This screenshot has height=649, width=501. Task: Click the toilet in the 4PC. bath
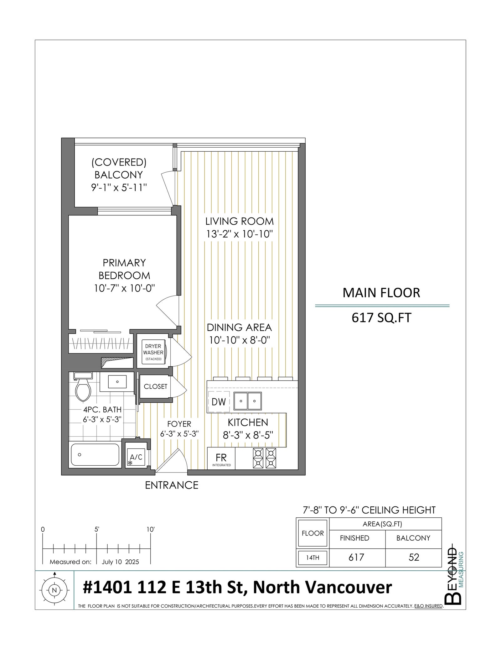(83, 386)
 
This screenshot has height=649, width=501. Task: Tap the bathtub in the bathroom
(95, 454)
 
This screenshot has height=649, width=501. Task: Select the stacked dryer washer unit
(153, 352)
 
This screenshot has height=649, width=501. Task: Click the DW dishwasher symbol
(219, 402)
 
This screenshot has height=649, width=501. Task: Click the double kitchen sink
(247, 401)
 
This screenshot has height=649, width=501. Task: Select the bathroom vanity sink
(117, 382)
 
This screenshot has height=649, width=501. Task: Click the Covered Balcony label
(119, 168)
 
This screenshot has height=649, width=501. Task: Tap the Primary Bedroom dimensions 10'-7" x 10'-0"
(125, 288)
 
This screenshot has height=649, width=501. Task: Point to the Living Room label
(240, 221)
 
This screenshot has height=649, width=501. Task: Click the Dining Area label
(239, 327)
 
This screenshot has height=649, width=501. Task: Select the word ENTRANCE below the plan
(172, 485)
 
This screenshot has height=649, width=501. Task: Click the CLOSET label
(156, 386)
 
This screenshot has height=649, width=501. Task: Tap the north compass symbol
(54, 590)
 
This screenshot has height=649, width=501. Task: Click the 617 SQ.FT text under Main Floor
(381, 318)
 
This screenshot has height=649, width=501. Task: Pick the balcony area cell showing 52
(414, 557)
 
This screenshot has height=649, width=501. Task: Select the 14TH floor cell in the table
(312, 557)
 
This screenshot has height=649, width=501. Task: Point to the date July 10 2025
(120, 562)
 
